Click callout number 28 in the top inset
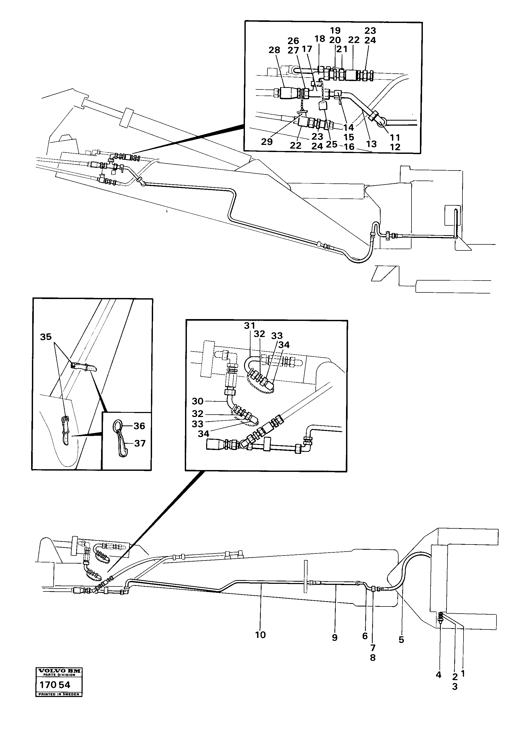[x=275, y=50]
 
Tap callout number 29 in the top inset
[x=267, y=142]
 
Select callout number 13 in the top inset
[x=371, y=144]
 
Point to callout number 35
[x=46, y=337]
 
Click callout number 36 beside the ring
[x=139, y=426]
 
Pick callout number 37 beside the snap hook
[x=140, y=444]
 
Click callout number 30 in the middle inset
[x=198, y=401]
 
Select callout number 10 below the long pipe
[x=261, y=635]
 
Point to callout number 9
[x=335, y=638]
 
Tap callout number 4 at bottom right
[x=438, y=675]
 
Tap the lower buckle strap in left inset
[x=65, y=430]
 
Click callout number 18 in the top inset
[x=320, y=39]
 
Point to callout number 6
[x=365, y=636]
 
